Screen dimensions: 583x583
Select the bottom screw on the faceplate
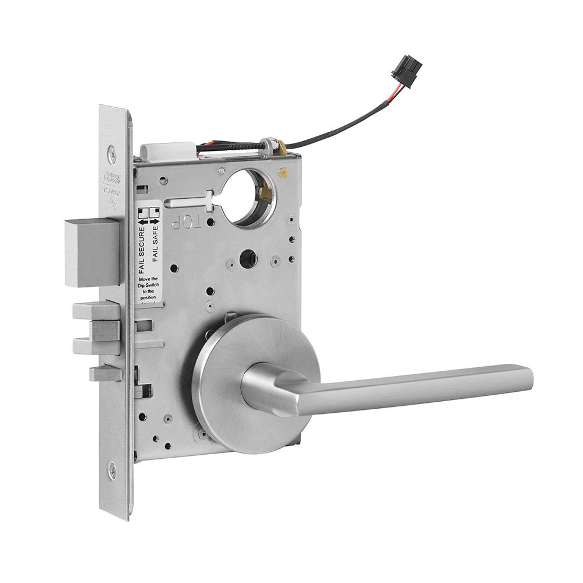[x=112, y=470]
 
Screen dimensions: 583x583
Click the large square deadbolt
[x=92, y=252]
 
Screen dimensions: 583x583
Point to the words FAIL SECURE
[x=142, y=250]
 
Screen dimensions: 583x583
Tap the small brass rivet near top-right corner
[x=283, y=173]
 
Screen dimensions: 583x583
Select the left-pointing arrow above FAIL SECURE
[x=142, y=222]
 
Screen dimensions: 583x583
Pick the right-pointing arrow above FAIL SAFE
[x=154, y=222]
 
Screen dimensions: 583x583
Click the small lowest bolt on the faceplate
[x=105, y=373]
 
